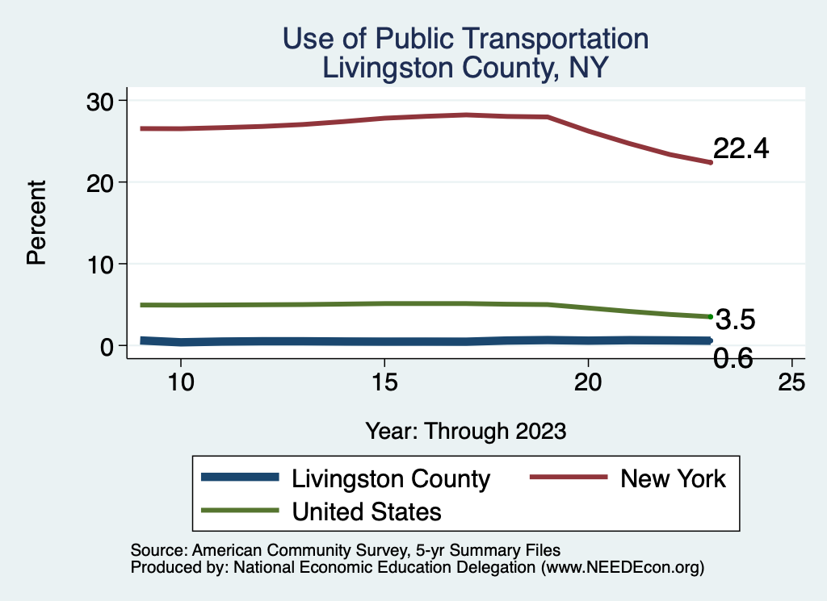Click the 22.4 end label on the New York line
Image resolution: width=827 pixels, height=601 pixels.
[x=741, y=148]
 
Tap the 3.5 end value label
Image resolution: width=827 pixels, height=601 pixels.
[x=735, y=320]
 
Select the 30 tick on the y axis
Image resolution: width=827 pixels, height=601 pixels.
[x=103, y=100]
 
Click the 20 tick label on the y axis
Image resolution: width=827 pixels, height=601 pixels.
[x=103, y=182]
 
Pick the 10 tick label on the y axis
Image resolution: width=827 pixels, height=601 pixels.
[x=103, y=264]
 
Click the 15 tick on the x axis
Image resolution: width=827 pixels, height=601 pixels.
[x=384, y=382]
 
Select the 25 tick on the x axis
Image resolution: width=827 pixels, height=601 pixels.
[x=791, y=382]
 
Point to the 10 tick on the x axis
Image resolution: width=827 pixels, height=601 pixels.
[x=181, y=382]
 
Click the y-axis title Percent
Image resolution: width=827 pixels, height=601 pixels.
[x=35, y=223]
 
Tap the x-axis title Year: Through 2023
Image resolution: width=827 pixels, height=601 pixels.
[x=465, y=430]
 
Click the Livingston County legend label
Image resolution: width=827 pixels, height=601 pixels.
[x=391, y=478]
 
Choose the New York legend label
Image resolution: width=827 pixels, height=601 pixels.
[x=673, y=478]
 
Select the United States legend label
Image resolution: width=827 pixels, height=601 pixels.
[x=367, y=511]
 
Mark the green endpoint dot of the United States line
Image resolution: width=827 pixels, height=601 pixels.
[x=710, y=317]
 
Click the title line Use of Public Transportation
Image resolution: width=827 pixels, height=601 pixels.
[x=464, y=38]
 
